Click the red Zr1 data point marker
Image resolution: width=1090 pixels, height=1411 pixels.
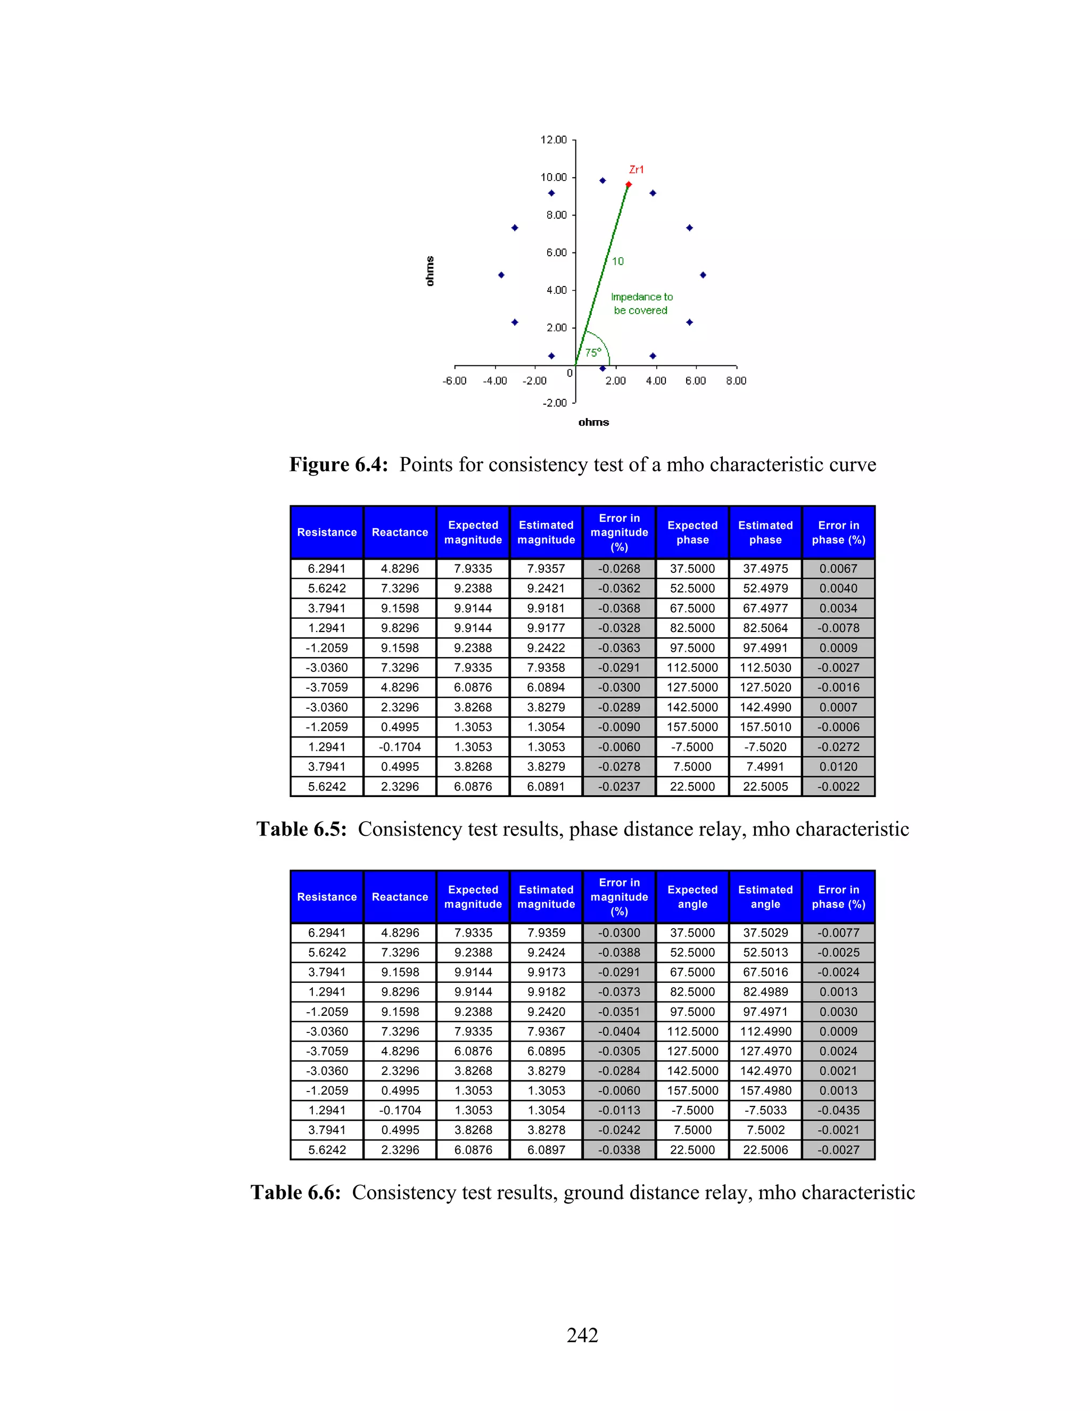629,185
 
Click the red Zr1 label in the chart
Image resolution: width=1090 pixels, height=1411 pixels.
636,169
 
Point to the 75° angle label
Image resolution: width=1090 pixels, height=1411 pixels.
593,352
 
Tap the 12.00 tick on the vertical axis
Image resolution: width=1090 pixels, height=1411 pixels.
554,140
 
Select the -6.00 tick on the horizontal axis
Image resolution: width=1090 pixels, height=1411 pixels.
455,381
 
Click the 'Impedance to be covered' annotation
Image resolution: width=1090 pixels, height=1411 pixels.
641,303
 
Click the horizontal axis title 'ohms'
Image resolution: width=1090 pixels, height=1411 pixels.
593,422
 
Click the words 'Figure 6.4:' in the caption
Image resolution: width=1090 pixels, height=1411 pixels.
338,464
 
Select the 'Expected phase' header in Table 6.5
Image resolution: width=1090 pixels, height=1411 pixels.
692,532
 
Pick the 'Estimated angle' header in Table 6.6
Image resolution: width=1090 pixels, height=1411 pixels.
765,897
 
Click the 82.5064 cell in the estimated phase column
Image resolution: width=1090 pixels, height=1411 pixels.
765,628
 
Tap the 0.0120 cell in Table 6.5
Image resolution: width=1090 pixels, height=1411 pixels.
838,766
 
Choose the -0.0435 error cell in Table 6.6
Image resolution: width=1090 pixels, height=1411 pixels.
838,1110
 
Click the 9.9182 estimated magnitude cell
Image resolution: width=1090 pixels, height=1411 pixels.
546,992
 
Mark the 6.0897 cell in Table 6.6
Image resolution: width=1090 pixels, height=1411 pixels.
546,1150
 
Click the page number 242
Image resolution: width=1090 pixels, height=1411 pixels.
582,1335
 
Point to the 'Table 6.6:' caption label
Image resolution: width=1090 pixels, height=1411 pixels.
295,1193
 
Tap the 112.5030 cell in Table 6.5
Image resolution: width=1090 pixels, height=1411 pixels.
765,667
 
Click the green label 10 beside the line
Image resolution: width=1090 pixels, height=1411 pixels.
617,261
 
